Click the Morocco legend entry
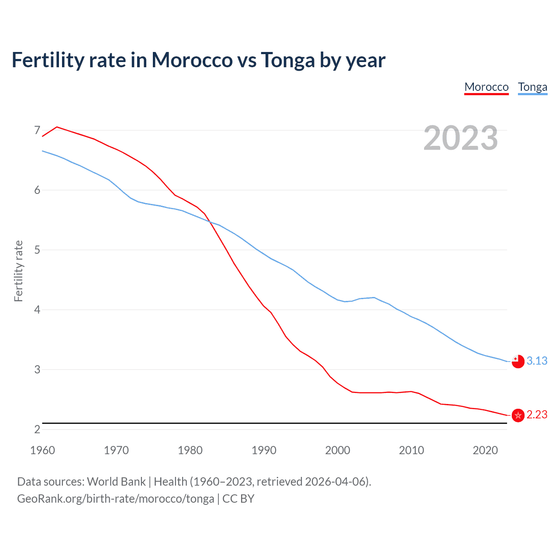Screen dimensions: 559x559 coord(487,87)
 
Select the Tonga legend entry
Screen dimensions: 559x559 coord(532,87)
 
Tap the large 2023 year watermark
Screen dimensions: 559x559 coord(460,138)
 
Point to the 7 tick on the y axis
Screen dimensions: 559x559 coord(37,130)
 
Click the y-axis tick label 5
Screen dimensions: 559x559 coord(37,250)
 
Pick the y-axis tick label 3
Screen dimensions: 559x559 coord(37,369)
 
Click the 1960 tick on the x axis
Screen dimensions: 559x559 coord(42,450)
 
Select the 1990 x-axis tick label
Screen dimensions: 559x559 coord(264,450)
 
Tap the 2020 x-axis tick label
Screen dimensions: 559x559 coord(485,450)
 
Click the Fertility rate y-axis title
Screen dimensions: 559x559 coord(18,271)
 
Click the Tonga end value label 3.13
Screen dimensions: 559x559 coord(537,361)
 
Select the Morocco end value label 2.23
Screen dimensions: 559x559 coord(537,414)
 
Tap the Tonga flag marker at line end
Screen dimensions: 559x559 coord(518,361)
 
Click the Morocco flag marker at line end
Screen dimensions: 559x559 coord(518,415)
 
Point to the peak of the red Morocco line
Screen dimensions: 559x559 coord(57,127)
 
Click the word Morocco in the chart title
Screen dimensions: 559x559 coord(192,60)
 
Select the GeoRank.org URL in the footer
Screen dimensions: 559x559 coord(116,499)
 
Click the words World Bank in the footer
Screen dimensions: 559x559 coord(116,482)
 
